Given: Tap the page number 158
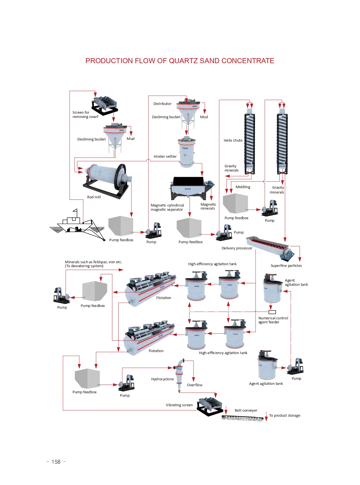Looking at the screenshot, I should [x=56, y=462].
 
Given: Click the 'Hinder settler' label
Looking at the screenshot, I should [x=165, y=157].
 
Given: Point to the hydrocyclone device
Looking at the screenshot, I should [x=179, y=372].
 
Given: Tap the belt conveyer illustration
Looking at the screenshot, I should [x=243, y=418].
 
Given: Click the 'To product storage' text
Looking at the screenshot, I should [x=284, y=416].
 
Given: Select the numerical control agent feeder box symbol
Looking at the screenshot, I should [x=272, y=312].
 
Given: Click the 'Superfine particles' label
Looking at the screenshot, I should [x=286, y=266].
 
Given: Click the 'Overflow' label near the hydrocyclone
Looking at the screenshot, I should [x=195, y=385].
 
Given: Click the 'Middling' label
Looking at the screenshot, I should [x=243, y=187].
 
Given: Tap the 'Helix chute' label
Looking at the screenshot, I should [x=233, y=141].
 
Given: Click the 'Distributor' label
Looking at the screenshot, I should [x=162, y=104].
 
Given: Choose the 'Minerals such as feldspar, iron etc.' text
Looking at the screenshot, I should [x=93, y=262].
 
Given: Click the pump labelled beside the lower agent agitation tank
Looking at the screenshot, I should [x=295, y=366].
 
